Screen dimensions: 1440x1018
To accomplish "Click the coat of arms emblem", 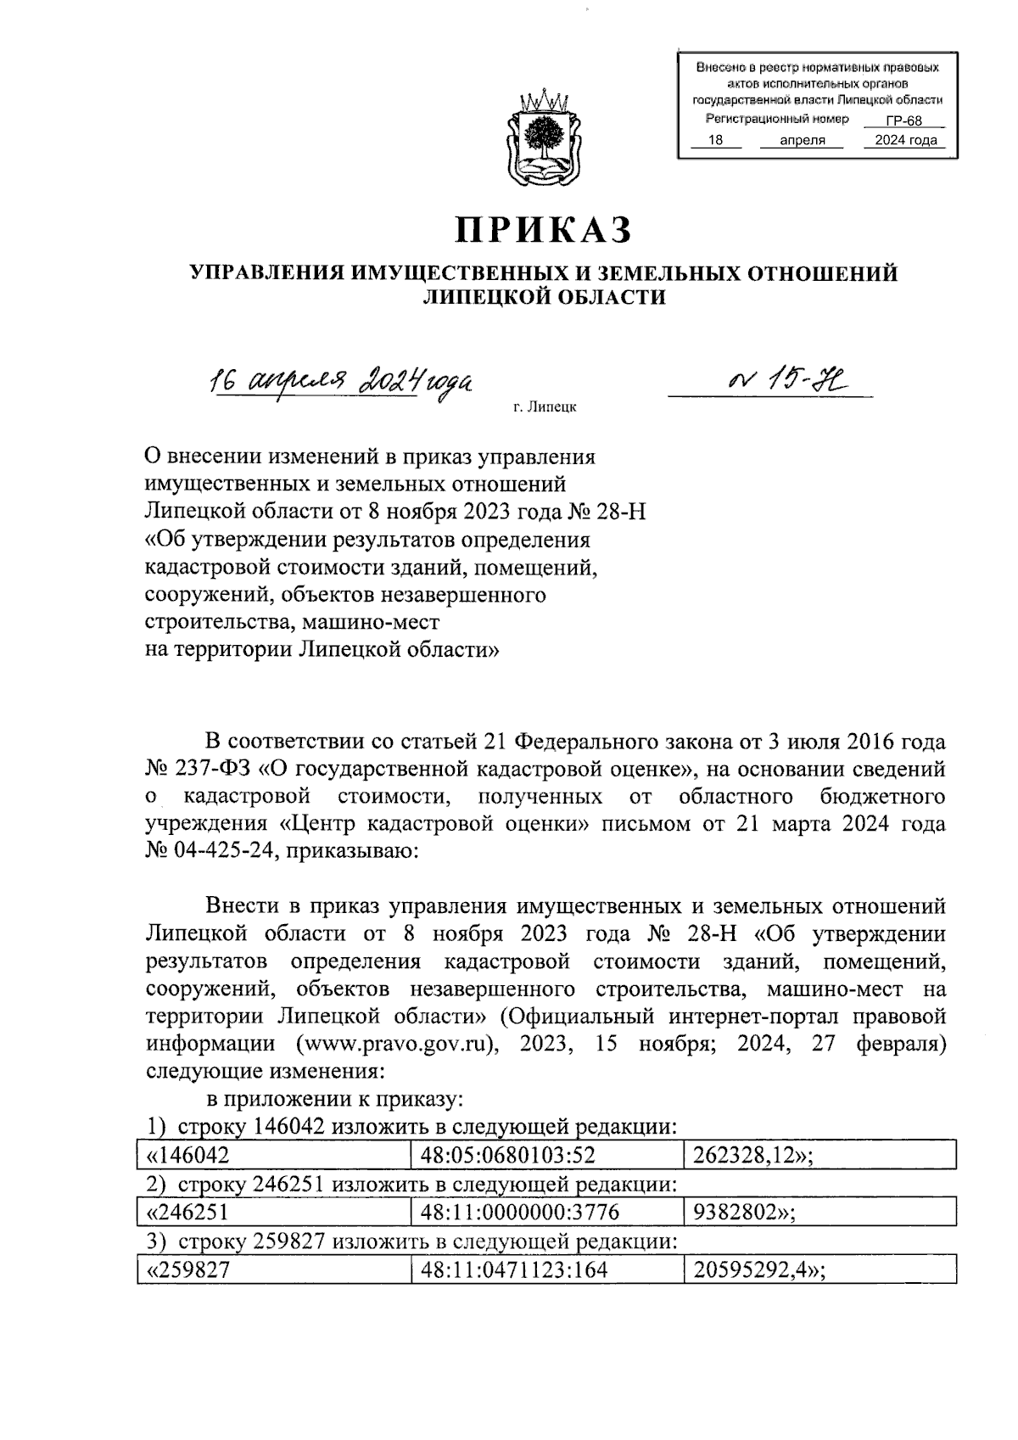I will click(x=544, y=137).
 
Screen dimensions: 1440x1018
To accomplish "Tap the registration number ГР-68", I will click(x=902, y=121).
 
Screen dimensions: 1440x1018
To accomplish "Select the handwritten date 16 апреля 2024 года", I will click(x=341, y=383).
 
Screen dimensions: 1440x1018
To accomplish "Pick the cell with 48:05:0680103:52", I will click(x=507, y=1154).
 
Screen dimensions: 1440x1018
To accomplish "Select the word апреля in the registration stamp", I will click(x=803, y=141).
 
